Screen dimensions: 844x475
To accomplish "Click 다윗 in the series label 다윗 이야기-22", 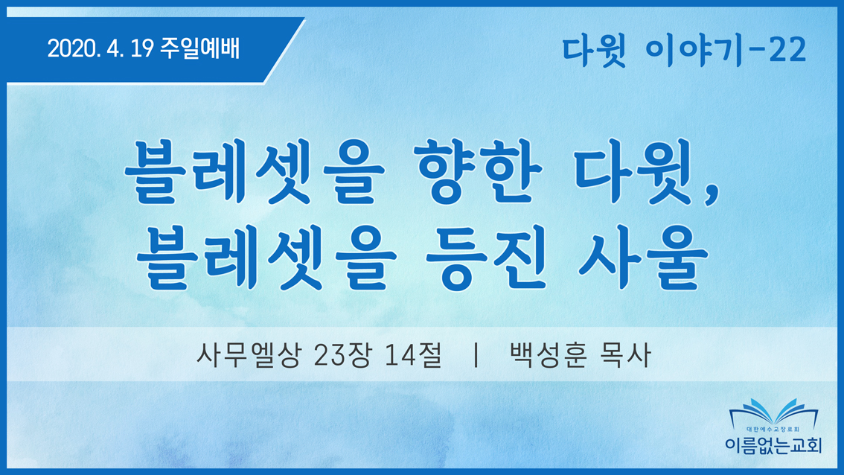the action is tap(594, 51).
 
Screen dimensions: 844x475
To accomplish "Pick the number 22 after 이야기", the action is tap(787, 51).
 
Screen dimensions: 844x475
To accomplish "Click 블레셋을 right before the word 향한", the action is tap(254, 171).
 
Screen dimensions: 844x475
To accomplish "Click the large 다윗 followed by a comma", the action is tap(633, 171).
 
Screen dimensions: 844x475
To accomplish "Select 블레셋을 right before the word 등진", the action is tap(266, 258).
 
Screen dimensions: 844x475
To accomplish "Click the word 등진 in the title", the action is tap(487, 258).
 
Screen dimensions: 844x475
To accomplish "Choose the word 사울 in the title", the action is tap(643, 258).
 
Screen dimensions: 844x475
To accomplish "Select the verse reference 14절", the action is tap(413, 355).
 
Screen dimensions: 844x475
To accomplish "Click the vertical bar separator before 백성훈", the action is tap(476, 355).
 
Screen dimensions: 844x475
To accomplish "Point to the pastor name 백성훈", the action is tap(548, 355).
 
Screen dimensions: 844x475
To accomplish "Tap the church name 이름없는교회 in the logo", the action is tap(773, 444).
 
